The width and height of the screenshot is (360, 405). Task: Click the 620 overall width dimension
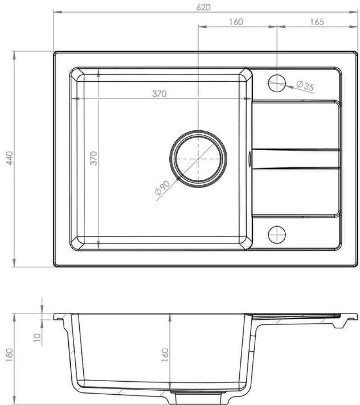point(203,7)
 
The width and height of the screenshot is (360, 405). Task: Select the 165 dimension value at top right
point(317,22)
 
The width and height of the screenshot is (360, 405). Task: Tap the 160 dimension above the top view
point(236,22)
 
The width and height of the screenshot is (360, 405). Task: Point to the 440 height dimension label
point(9,158)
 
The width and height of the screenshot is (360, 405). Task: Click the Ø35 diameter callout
point(305,85)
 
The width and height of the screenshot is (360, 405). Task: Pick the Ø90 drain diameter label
point(162,188)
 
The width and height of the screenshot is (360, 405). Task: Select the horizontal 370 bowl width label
point(159,93)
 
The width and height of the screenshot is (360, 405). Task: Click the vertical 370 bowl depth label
point(93,158)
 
